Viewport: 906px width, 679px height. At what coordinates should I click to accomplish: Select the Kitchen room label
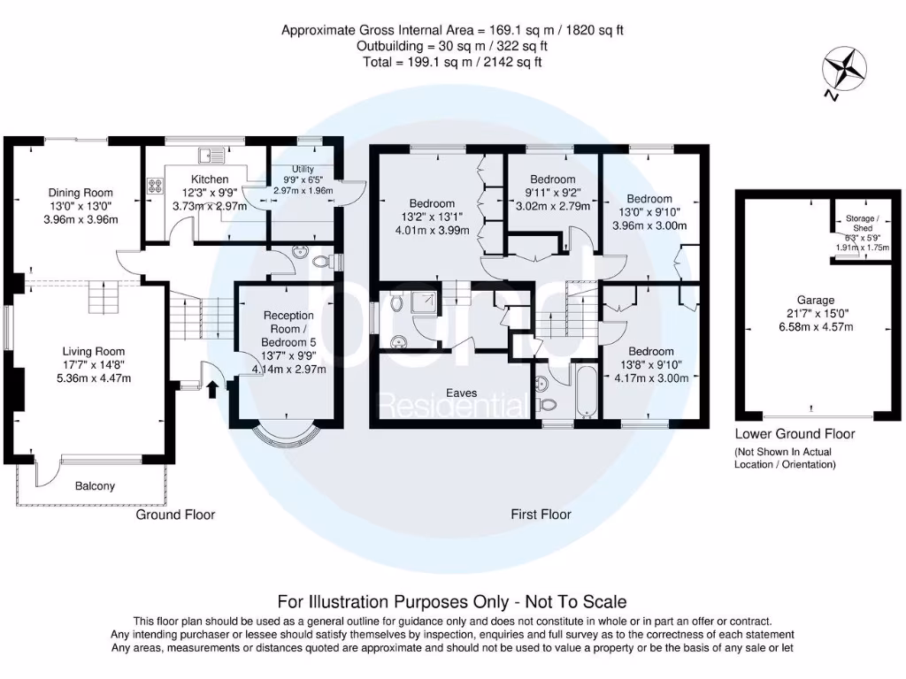[x=209, y=179]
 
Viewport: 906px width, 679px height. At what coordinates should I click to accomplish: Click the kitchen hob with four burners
[x=156, y=187]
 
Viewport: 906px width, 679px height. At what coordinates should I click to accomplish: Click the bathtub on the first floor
[x=585, y=392]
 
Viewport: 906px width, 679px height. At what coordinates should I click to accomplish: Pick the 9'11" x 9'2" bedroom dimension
[x=552, y=194]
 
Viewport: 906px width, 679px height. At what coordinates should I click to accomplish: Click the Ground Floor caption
[x=175, y=515]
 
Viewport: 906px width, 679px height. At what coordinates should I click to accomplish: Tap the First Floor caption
[x=541, y=514]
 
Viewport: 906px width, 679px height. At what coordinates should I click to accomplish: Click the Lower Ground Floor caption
[x=795, y=434]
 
